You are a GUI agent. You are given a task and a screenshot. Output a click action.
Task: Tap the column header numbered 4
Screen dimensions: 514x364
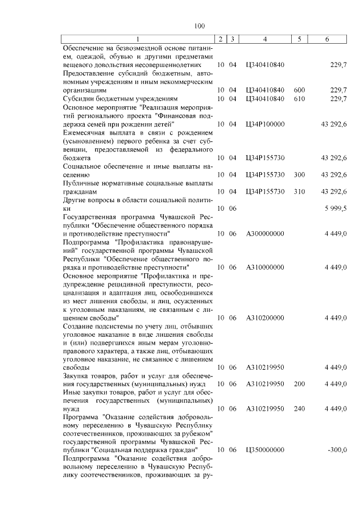(x=264, y=39)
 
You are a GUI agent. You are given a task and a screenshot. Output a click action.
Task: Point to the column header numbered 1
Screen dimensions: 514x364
(x=139, y=39)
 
